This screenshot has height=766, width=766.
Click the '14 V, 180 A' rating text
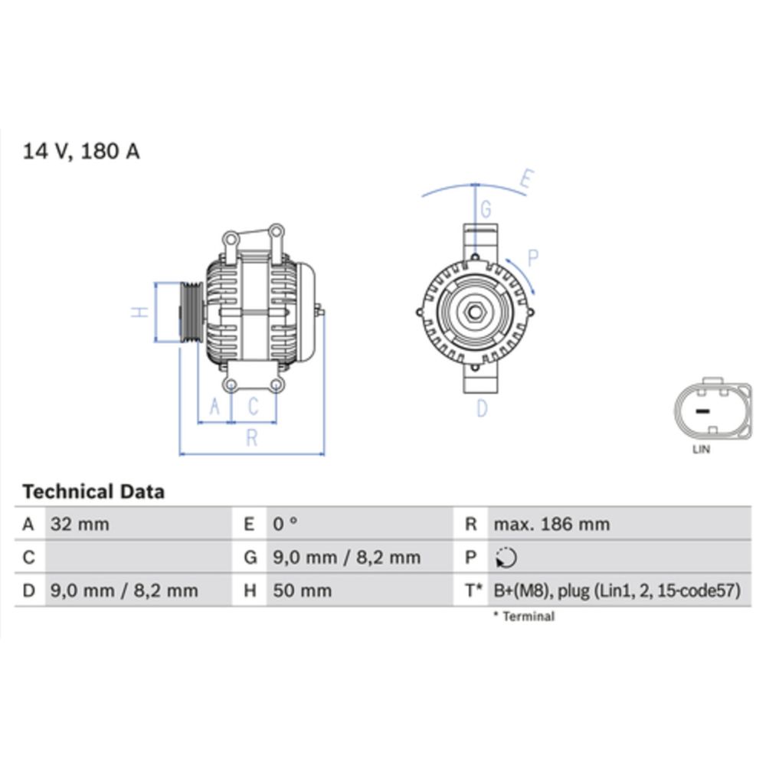[x=81, y=151]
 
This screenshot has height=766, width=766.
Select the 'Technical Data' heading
[x=93, y=491]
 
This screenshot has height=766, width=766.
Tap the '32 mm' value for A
[x=80, y=525]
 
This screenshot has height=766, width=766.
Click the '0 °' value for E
[x=285, y=525]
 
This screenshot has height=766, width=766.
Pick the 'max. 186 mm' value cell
[x=552, y=525]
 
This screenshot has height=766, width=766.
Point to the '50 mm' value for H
[x=303, y=591]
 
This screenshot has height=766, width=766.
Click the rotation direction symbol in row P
[x=506, y=558]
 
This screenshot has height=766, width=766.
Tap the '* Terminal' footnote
[x=524, y=617]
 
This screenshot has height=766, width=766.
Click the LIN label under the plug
[x=701, y=450]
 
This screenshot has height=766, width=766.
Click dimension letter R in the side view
[x=251, y=438]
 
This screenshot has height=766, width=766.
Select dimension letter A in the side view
[x=214, y=406]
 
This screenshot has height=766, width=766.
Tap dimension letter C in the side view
[x=253, y=406]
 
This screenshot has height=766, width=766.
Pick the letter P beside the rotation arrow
[x=533, y=259]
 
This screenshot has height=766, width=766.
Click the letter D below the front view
[x=481, y=409]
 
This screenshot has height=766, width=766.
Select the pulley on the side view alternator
[x=189, y=312]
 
